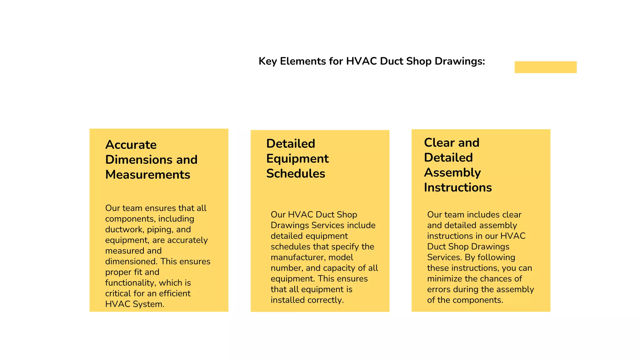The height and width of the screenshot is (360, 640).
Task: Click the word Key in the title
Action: tap(267, 61)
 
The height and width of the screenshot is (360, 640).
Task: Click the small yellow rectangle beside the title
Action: tap(545, 67)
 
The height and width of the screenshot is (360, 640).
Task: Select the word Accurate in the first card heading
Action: tap(131, 145)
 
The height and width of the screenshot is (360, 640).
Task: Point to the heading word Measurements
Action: tap(147, 175)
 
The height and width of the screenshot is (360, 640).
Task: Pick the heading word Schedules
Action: tap(296, 174)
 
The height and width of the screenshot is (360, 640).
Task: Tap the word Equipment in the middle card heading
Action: tap(297, 159)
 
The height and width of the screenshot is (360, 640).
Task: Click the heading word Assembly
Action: tap(452, 172)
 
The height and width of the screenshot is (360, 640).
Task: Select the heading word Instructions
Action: tap(458, 187)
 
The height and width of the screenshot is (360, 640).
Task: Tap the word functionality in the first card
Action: tap(130, 283)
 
